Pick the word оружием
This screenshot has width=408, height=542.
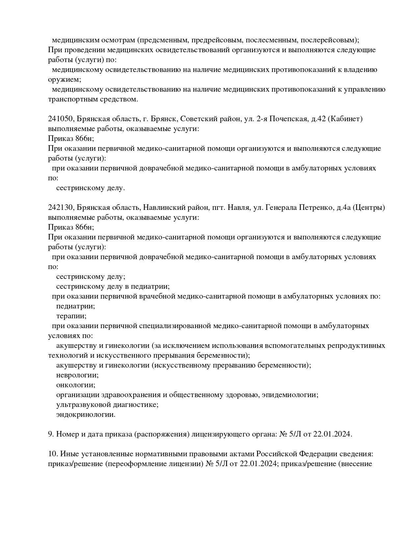coord(64,80)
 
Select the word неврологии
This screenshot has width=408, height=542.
coord(77,375)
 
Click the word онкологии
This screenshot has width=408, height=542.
coord(75,385)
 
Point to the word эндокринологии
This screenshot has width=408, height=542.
coord(86,415)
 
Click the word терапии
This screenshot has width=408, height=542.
coord(71,316)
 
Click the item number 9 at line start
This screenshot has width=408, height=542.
coord(51,434)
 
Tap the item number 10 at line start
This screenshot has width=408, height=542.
coord(53,454)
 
